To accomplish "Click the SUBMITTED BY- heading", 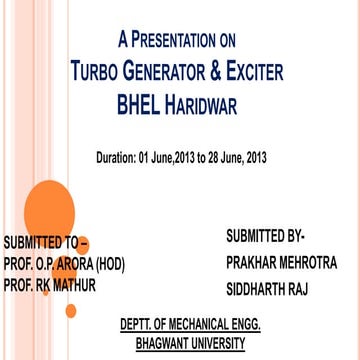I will (265, 236).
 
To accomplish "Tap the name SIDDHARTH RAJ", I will (268, 289).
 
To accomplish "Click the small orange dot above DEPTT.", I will (71, 311).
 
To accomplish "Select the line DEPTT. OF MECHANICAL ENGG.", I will (191, 325).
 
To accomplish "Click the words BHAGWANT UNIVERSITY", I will (191, 343).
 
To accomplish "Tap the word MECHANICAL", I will (204, 325).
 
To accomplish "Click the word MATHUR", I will (72, 285).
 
